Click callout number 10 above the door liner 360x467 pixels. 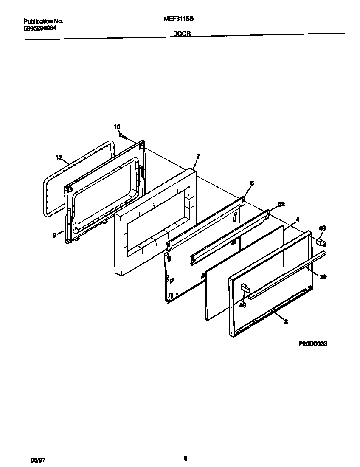pyautogui.click(x=117, y=127)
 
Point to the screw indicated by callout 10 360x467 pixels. pyautogui.click(x=123, y=136)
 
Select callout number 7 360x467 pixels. pyautogui.click(x=197, y=157)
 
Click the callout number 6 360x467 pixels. pyautogui.click(x=252, y=183)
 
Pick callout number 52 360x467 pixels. pyautogui.click(x=281, y=204)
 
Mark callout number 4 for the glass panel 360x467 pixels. pyautogui.click(x=298, y=219)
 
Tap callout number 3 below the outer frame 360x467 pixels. pyautogui.click(x=286, y=322)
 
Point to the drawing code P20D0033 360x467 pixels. pyautogui.click(x=312, y=344)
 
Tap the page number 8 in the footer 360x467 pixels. pyautogui.click(x=186, y=458)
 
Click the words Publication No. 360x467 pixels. pyautogui.click(x=43, y=20)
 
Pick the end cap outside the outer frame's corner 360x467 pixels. pyautogui.click(x=321, y=242)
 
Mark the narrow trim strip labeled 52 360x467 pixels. pyautogui.click(x=229, y=238)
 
